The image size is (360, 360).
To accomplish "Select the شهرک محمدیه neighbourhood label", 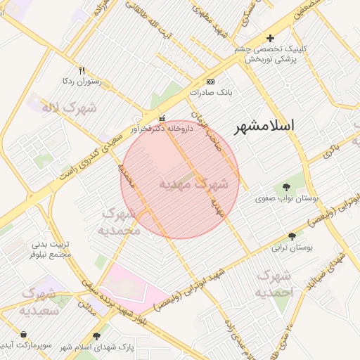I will [x=117, y=221].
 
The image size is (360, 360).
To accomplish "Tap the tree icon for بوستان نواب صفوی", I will [x=286, y=187].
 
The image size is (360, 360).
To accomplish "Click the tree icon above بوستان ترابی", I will [x=292, y=236].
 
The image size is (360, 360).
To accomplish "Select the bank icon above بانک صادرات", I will [x=210, y=82].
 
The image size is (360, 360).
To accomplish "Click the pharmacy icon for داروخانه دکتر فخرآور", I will [x=163, y=117].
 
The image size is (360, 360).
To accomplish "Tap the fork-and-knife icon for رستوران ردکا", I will [x=82, y=70].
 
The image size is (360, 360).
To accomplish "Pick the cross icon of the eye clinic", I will [x=269, y=38].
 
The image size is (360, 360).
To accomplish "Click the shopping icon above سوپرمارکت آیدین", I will [x=25, y=335].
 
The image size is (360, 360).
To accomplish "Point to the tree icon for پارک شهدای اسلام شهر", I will [x=96, y=336].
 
